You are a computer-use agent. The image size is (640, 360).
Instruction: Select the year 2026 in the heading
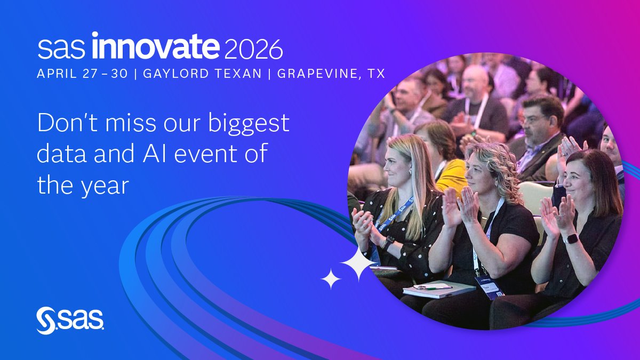point(253,49)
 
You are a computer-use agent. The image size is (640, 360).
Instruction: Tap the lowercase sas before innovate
point(61,49)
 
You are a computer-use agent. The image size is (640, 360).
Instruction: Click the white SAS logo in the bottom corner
point(69,320)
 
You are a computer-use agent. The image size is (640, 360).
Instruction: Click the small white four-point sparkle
point(331,279)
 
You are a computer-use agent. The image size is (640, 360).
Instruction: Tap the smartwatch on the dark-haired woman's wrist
point(571,238)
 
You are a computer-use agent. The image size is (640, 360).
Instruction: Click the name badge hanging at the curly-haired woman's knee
point(489,287)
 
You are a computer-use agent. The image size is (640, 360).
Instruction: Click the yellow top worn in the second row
point(451,174)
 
